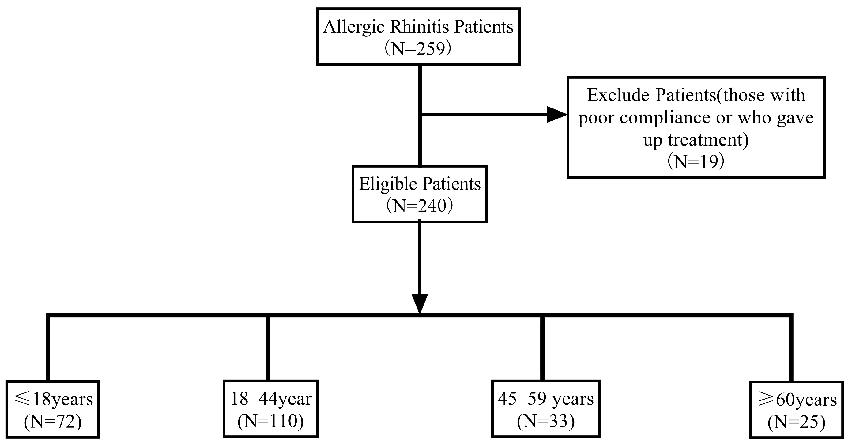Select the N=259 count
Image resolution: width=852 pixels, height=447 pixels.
click(x=418, y=49)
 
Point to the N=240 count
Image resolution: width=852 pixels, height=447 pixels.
click(x=419, y=206)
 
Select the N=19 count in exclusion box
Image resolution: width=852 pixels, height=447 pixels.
click(x=696, y=162)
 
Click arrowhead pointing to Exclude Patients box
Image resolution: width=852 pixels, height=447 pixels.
click(x=557, y=115)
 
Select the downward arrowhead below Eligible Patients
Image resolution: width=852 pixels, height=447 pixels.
click(x=419, y=303)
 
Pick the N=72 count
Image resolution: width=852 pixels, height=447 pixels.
click(x=53, y=422)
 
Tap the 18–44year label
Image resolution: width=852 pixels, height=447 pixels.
click(x=271, y=399)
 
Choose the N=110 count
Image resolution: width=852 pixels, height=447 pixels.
click(x=270, y=421)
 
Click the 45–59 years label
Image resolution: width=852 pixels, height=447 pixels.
click(x=546, y=399)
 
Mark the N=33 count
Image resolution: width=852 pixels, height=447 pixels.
click(x=546, y=421)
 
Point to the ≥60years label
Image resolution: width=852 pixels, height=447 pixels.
click(x=797, y=400)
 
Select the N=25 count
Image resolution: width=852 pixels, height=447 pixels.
click(x=797, y=422)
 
